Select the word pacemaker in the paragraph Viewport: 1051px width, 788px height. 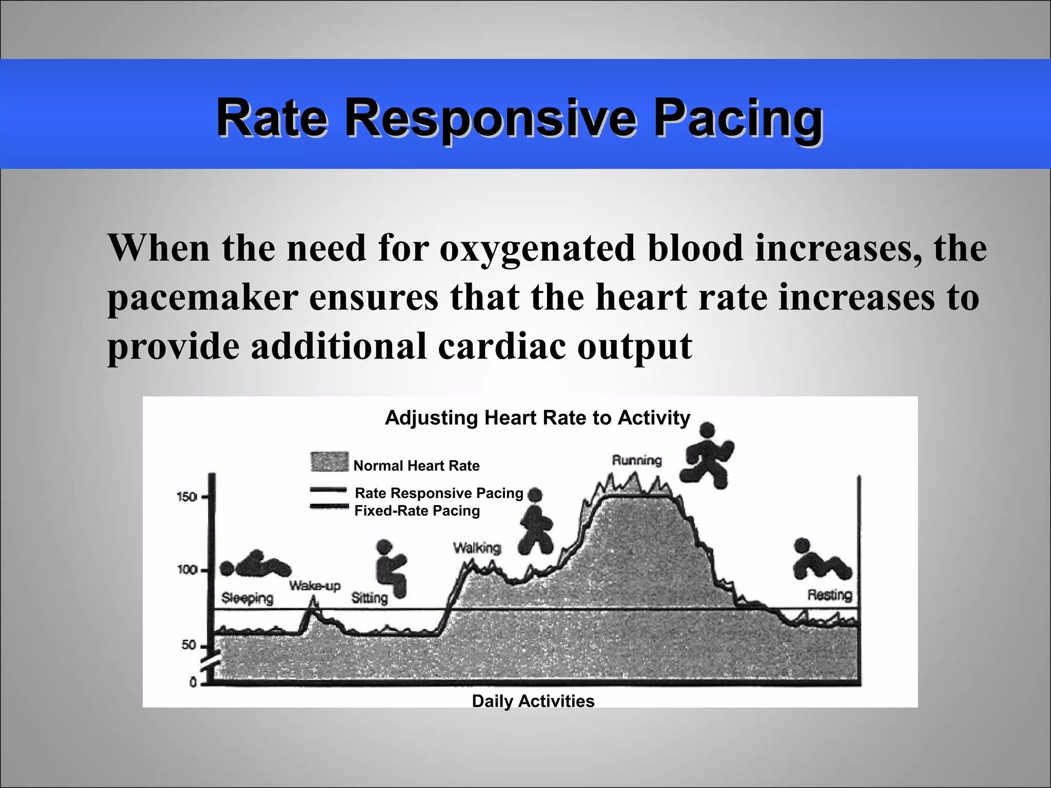(203, 298)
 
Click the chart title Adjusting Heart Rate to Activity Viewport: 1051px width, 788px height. (537, 418)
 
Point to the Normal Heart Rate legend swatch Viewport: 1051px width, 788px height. (329, 462)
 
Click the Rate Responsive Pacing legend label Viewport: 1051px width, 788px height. (439, 493)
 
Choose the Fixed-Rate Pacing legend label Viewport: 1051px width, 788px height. (417, 511)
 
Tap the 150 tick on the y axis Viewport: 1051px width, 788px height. (187, 497)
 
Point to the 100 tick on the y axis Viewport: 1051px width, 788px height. (187, 570)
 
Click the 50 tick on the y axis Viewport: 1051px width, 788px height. (189, 645)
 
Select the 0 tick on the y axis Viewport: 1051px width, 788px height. (193, 682)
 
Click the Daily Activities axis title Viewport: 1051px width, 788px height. (533, 701)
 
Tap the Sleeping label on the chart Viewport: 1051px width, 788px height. (247, 598)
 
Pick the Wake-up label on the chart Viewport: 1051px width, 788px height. (315, 585)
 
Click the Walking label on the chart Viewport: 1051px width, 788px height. (477, 548)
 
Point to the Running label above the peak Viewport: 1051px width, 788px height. (637, 460)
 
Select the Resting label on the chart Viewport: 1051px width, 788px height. (830, 595)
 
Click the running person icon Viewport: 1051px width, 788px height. (706, 455)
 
